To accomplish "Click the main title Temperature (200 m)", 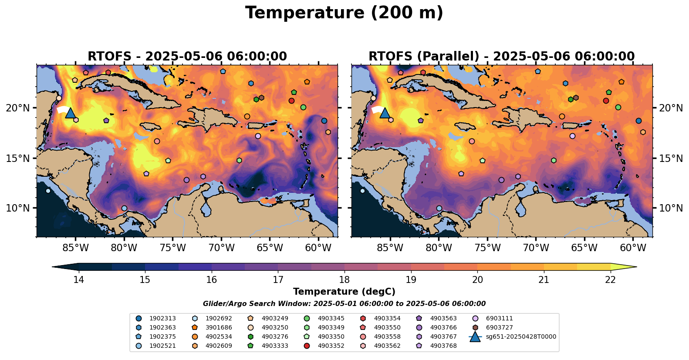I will [x=344, y=13].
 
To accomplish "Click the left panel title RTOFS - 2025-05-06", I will [x=187, y=57].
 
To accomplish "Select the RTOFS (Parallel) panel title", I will [x=501, y=57].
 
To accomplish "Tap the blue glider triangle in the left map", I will [x=71, y=113].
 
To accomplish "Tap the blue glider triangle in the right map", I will [x=385, y=113].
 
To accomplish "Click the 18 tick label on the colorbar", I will [x=344, y=279].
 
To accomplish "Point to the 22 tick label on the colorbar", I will [x=610, y=279].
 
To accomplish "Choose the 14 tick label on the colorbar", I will [x=78, y=279].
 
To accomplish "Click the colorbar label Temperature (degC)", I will [x=344, y=292].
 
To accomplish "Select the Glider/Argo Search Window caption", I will [x=344, y=304].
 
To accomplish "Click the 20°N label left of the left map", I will [x=18, y=108].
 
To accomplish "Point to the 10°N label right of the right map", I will [x=671, y=208].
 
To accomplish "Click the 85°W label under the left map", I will [x=75, y=248].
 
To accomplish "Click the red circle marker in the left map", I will [x=292, y=101].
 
